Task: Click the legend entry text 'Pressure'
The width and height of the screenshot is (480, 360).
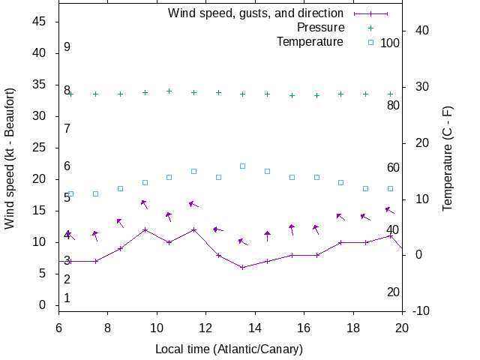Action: tap(320, 27)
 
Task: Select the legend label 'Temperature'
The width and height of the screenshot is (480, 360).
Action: tap(310, 41)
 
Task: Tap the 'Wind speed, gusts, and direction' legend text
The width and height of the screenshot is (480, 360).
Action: tap(256, 13)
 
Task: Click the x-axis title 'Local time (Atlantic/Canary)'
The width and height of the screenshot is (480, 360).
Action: tap(229, 349)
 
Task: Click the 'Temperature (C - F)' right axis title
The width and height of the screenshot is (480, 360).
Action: tap(448, 158)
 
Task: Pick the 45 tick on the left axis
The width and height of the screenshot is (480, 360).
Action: tap(40, 22)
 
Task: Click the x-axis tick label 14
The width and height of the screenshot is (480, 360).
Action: tap(255, 328)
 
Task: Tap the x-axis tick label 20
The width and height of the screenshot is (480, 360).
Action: tap(402, 328)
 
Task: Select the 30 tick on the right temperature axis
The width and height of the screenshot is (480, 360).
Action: tap(419, 86)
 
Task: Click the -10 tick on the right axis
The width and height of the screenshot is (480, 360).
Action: tap(421, 310)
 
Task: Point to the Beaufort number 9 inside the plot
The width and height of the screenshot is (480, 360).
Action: tap(67, 46)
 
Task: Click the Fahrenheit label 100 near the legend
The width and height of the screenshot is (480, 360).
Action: tap(390, 43)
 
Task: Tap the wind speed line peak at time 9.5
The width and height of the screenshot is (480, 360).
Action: tap(145, 229)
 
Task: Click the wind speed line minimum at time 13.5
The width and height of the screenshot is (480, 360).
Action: tap(242, 267)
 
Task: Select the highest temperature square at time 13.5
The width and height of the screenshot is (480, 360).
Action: tap(242, 166)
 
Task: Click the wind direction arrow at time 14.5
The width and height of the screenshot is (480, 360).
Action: tap(267, 235)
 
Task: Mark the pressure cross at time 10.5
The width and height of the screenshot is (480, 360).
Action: tap(169, 91)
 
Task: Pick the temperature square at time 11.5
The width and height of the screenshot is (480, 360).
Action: tap(193, 171)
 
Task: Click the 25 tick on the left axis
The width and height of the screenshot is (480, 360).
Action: tap(40, 148)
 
